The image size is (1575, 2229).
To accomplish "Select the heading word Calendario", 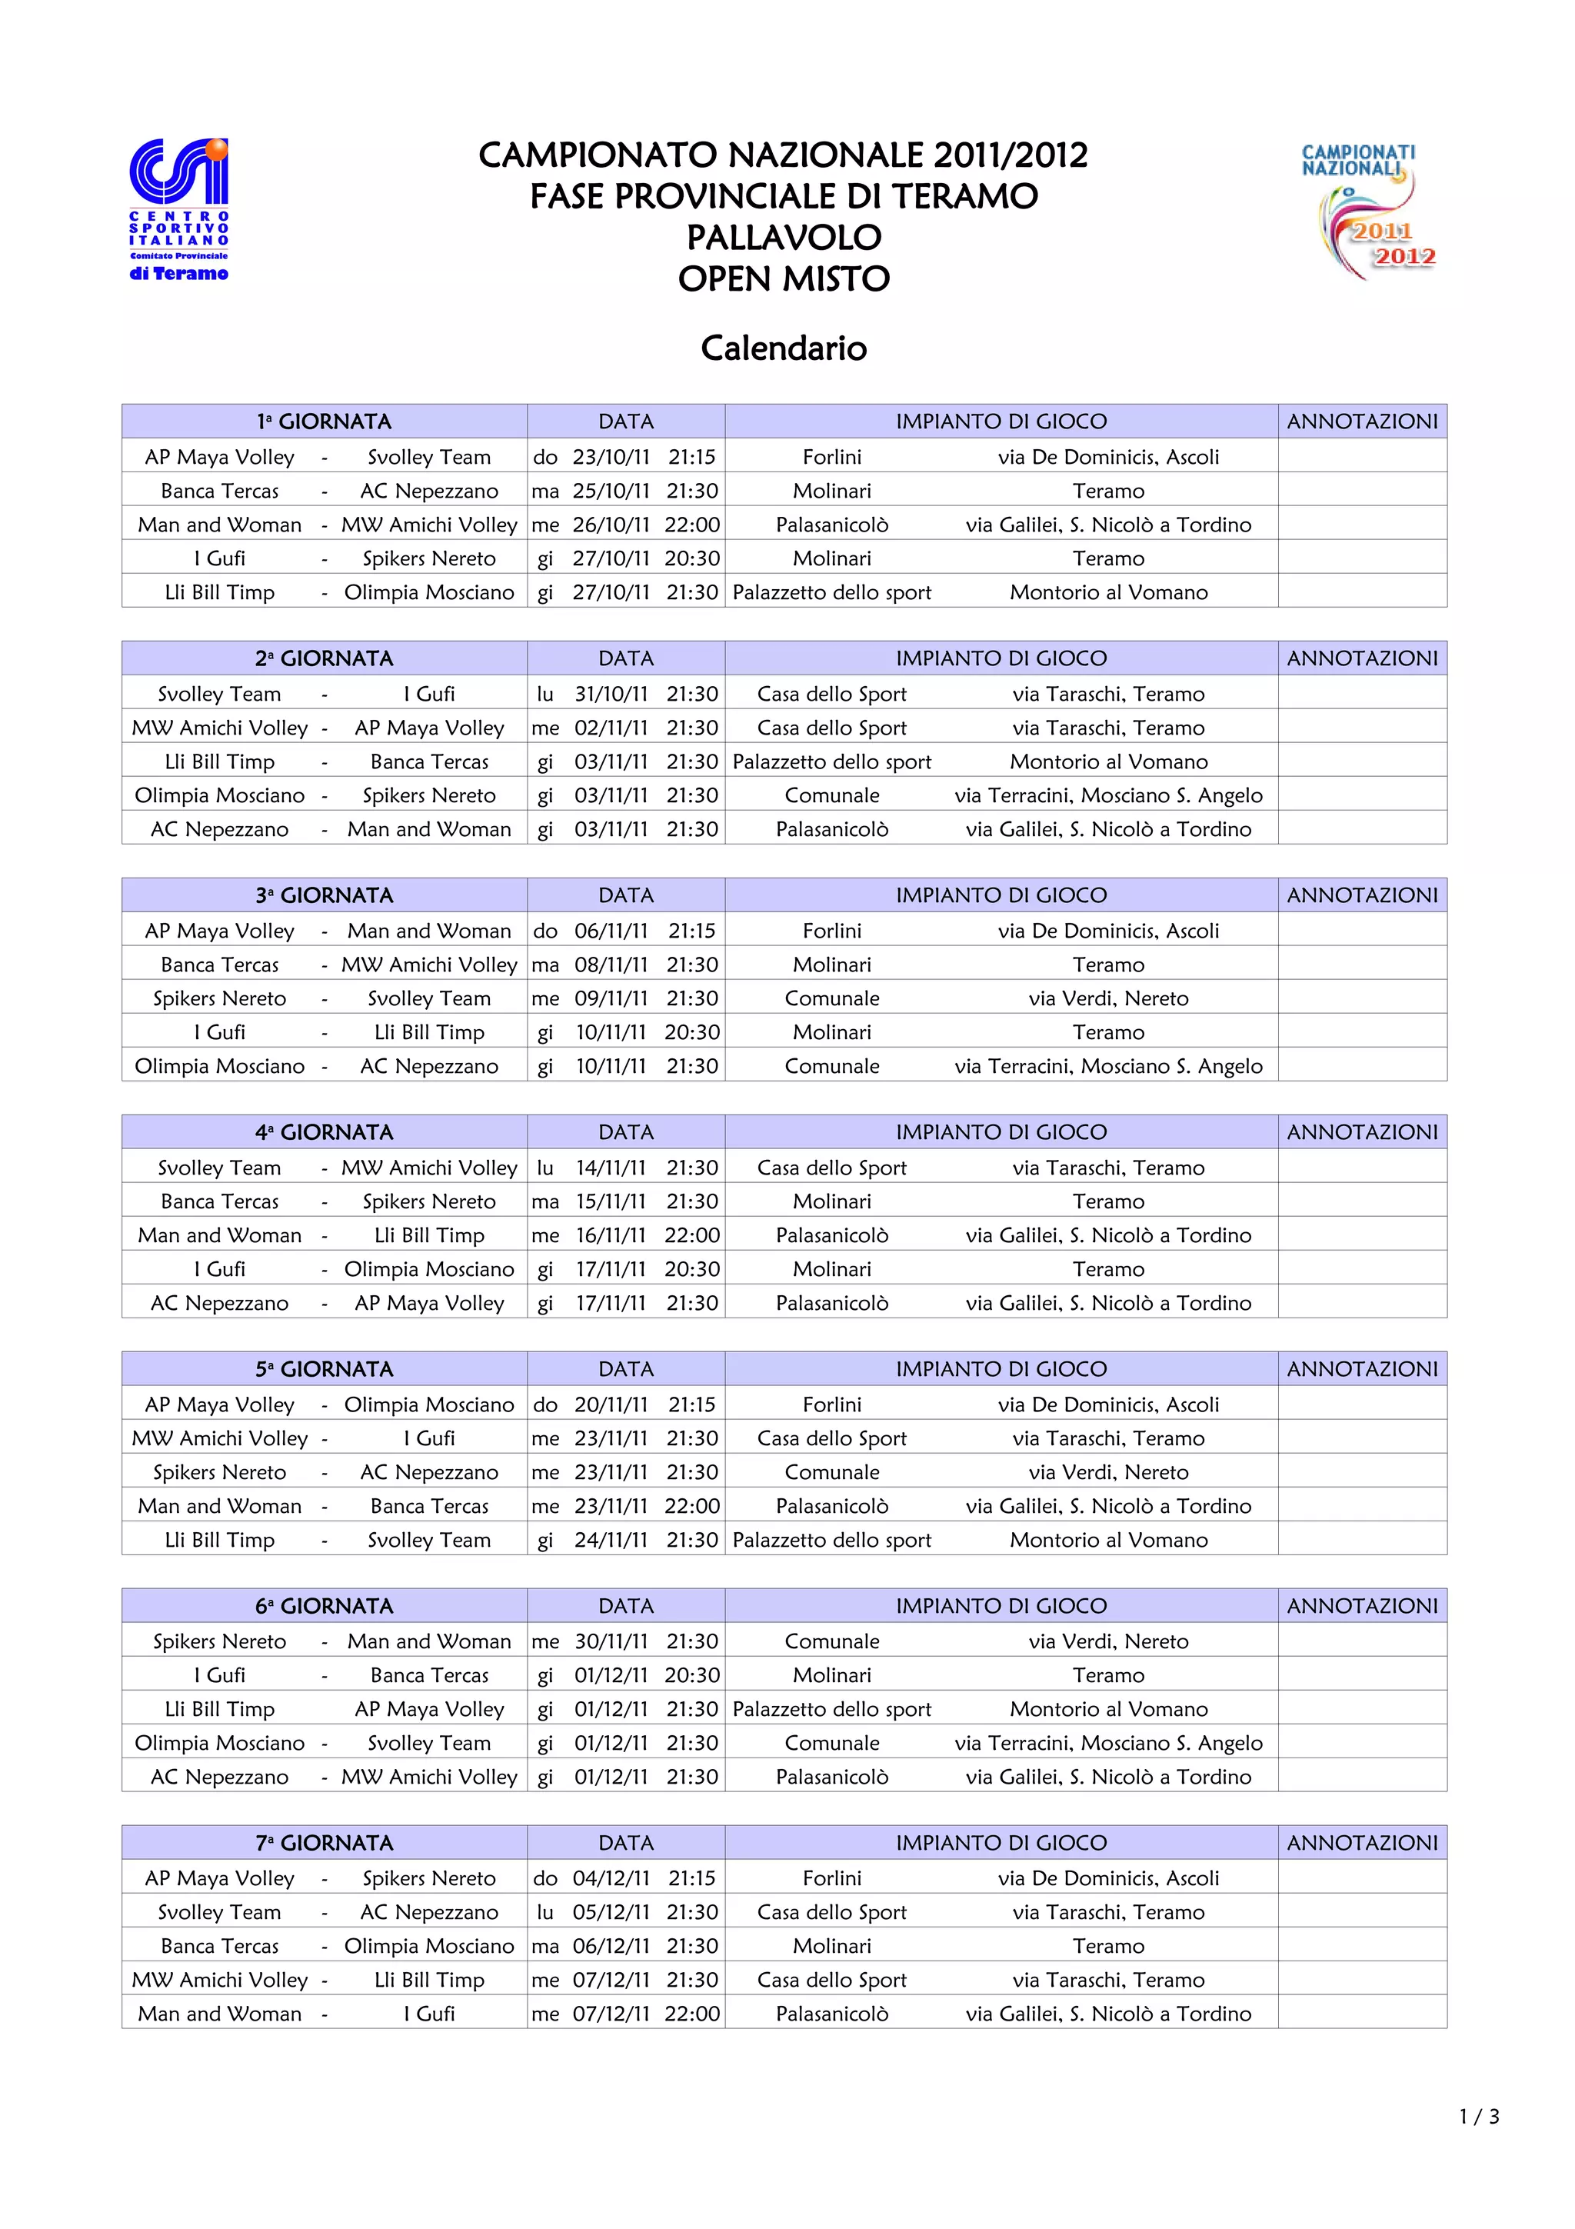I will pyautogui.click(x=783, y=348).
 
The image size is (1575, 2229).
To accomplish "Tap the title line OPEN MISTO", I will pyautogui.click(x=783, y=278).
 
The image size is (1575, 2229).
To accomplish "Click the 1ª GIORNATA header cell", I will pyautogui.click(x=324, y=421).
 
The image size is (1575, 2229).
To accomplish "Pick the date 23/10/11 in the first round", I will pyautogui.click(x=611, y=457).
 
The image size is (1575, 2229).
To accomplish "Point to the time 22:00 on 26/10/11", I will pyautogui.click(x=692, y=525).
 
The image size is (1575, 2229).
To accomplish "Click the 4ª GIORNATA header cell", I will pyautogui.click(x=324, y=1132).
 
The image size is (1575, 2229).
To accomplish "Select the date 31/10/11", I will pyautogui.click(x=611, y=694).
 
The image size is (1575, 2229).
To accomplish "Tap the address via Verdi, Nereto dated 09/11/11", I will pyautogui.click(x=1108, y=999).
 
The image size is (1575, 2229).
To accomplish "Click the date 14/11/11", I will pyautogui.click(x=611, y=1168).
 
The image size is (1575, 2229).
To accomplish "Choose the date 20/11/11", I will pyautogui.click(x=611, y=1404).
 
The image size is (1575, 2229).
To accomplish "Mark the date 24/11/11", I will pyautogui.click(x=611, y=1540).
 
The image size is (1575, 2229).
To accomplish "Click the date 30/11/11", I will pyautogui.click(x=611, y=1641).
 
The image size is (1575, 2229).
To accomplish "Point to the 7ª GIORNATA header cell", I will pyautogui.click(x=324, y=1843).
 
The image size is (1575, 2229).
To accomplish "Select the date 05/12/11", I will pyautogui.click(x=611, y=1913).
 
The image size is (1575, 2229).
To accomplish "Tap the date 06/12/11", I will pyautogui.click(x=611, y=1947).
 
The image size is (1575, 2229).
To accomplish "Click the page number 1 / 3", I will pyautogui.click(x=1479, y=2117).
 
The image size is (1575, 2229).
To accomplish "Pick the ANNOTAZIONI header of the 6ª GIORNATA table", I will pyautogui.click(x=1361, y=1606).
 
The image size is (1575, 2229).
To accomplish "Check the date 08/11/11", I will pyautogui.click(x=611, y=965).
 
